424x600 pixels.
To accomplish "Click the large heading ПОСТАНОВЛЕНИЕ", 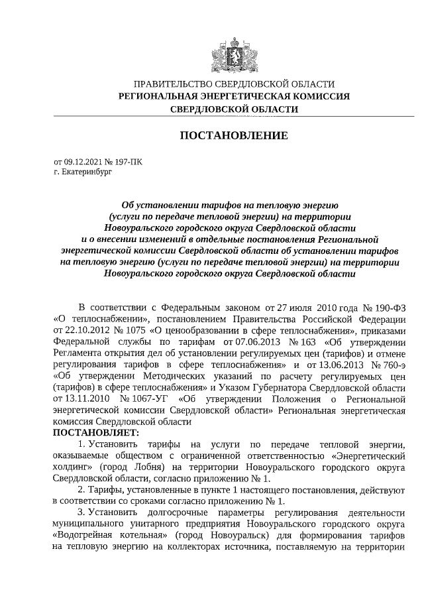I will tap(234, 136).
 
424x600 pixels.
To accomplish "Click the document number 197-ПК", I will tap(128, 161).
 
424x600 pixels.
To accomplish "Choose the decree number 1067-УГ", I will tap(146, 400).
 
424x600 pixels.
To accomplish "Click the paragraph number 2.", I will tap(81, 490).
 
